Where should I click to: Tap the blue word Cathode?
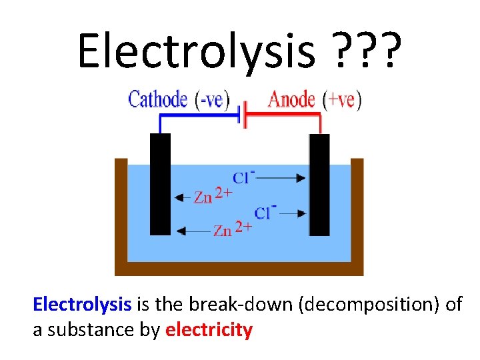(157, 100)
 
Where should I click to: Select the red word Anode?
(291, 100)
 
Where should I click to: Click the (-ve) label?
(211, 100)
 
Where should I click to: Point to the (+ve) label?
(341, 100)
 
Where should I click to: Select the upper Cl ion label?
(244, 177)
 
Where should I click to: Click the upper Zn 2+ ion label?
(213, 197)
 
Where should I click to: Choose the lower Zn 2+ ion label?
(233, 230)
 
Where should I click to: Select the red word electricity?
(209, 329)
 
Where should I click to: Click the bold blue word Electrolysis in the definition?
(82, 305)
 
